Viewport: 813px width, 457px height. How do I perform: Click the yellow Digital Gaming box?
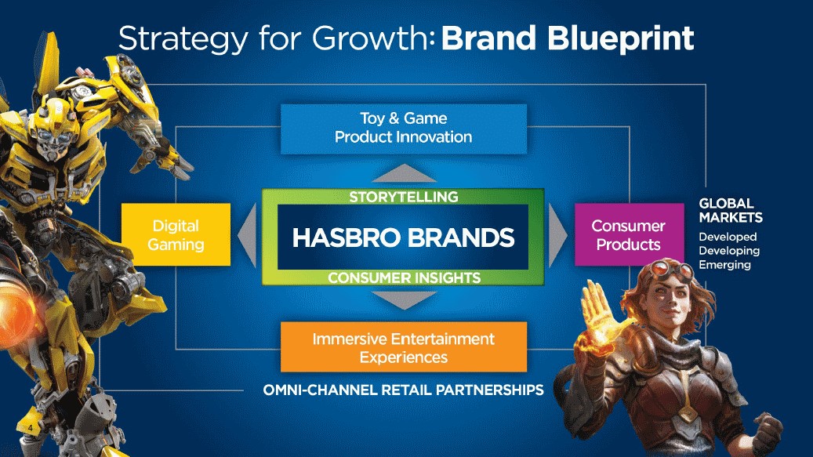click(176, 234)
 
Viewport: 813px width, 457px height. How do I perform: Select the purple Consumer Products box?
click(629, 234)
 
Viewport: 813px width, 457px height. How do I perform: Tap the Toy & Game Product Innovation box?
click(404, 129)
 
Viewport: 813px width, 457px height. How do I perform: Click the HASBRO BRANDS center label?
click(403, 238)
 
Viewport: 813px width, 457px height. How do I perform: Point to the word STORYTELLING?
click(404, 197)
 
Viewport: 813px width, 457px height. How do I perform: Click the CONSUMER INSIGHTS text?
click(404, 277)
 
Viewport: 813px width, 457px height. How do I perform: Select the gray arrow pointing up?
click(404, 173)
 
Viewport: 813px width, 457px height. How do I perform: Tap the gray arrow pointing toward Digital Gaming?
click(249, 235)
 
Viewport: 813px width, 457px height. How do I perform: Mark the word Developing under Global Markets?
click(729, 251)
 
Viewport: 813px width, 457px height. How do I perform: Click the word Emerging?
click(724, 265)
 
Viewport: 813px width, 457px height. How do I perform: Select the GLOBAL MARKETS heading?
click(731, 210)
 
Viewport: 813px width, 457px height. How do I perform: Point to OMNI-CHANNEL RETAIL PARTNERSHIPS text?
click(404, 390)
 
